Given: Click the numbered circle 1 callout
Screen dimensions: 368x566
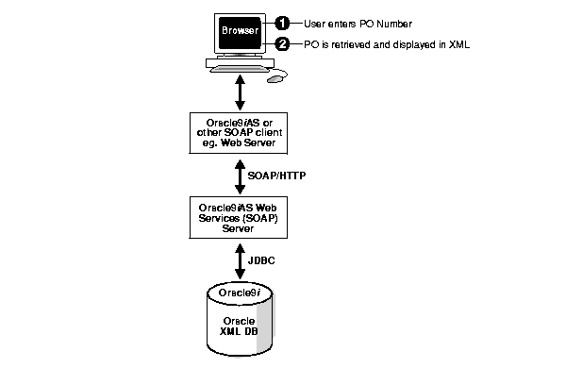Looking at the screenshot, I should click(x=281, y=23).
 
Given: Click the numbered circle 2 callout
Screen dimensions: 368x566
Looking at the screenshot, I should click(x=281, y=44).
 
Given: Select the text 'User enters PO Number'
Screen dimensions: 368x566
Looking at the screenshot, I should click(x=348, y=23).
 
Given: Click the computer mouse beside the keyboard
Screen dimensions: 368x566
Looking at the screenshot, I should click(x=275, y=79).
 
